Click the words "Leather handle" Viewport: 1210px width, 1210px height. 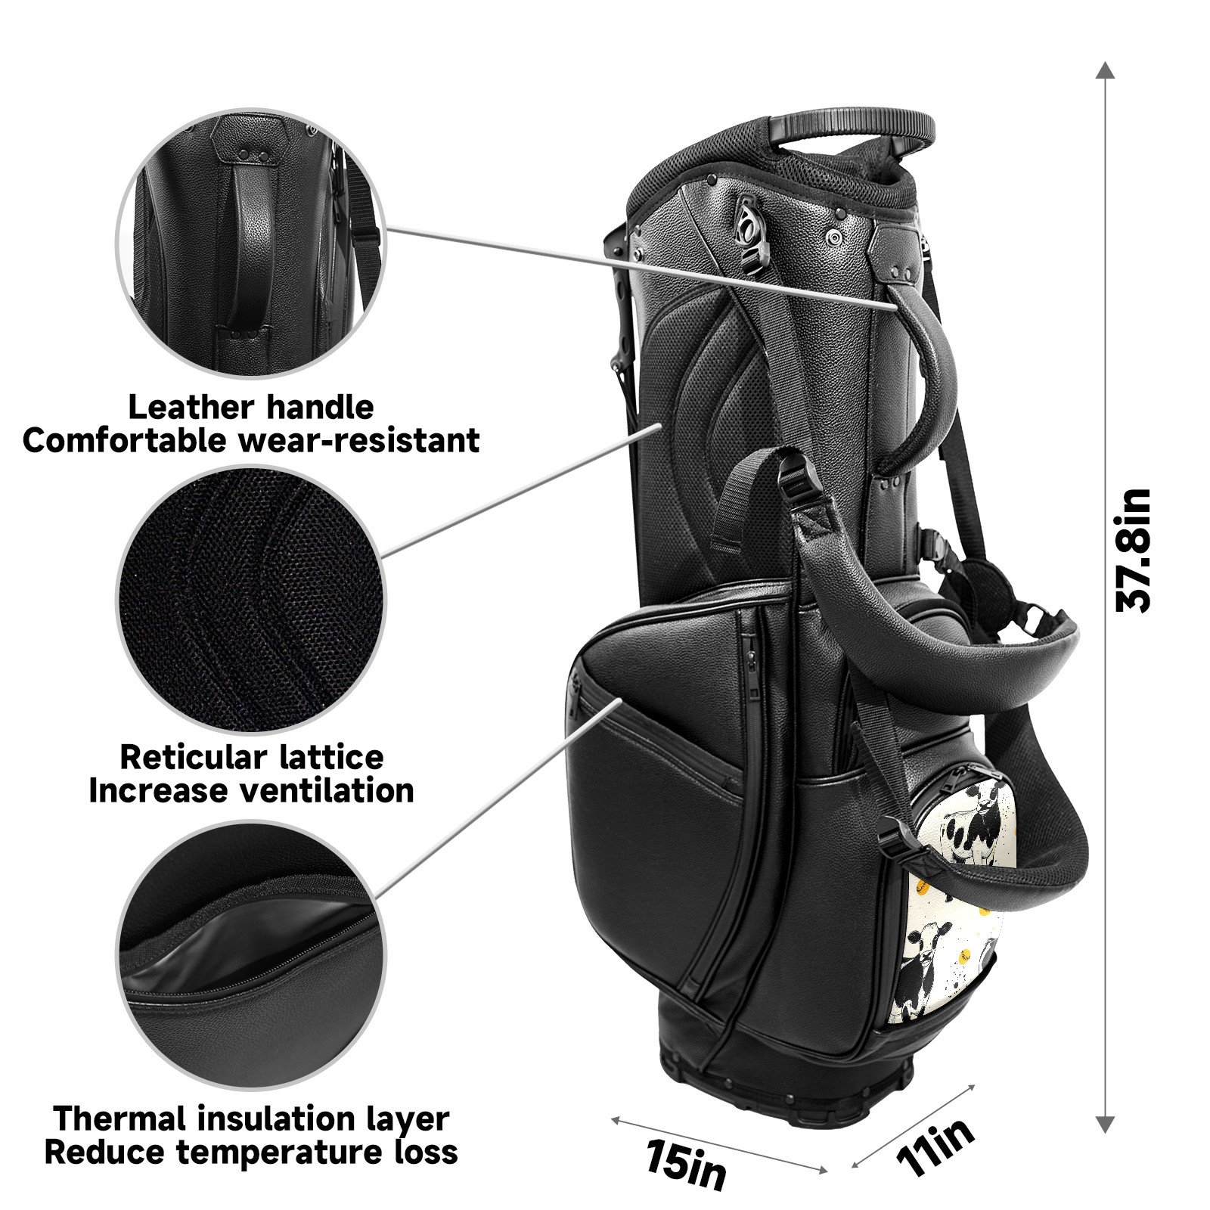[251, 407]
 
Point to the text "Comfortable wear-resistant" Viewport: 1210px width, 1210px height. [251, 440]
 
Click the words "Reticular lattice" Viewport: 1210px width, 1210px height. [252, 757]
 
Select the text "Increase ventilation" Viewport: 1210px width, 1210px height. [252, 790]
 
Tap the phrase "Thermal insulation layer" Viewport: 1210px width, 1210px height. [252, 1118]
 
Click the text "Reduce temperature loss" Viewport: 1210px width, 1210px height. [252, 1152]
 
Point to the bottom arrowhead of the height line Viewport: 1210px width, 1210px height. [1106, 1125]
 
